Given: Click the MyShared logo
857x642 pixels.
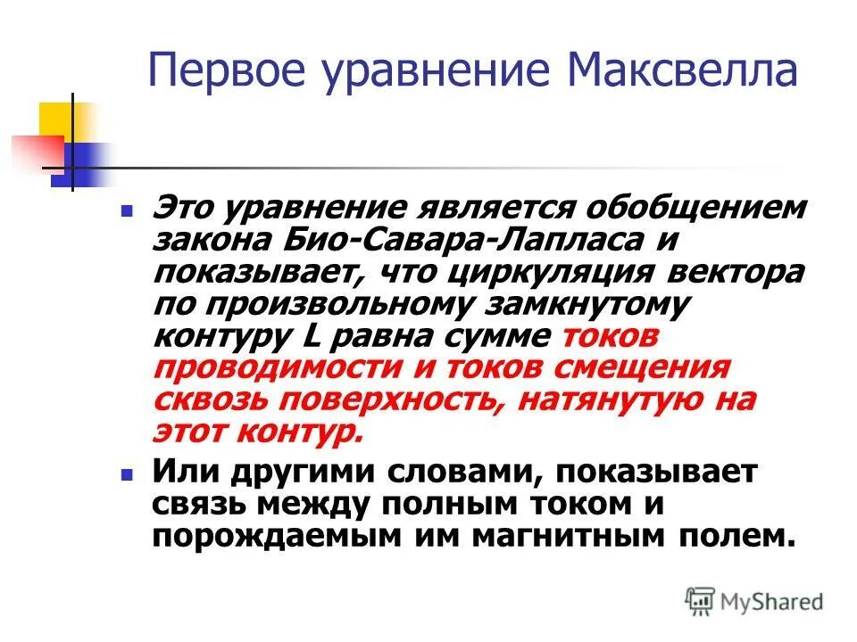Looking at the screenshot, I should click(x=755, y=601).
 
